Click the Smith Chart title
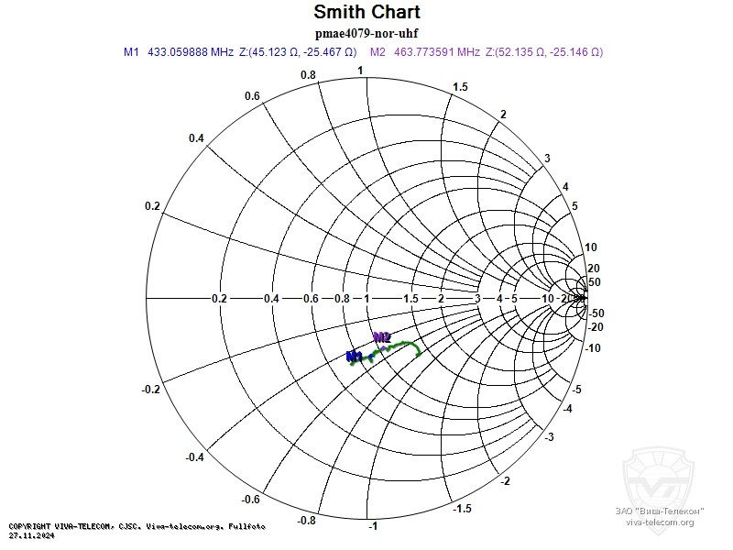[366, 12]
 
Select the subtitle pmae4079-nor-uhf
[366, 33]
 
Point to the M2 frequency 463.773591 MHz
[436, 52]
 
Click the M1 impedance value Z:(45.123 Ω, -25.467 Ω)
[298, 52]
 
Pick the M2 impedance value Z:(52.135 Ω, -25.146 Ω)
[544, 52]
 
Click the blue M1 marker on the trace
[355, 357]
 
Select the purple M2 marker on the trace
[382, 337]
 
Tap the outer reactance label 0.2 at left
[152, 205]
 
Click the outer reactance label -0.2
[152, 390]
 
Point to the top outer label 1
[360, 71]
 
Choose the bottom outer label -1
[372, 527]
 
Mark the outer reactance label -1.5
[465, 509]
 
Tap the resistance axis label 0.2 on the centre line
[219, 299]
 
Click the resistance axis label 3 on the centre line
[476, 299]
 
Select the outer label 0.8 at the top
[309, 75]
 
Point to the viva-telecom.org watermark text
[660, 522]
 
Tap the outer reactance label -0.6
[251, 499]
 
